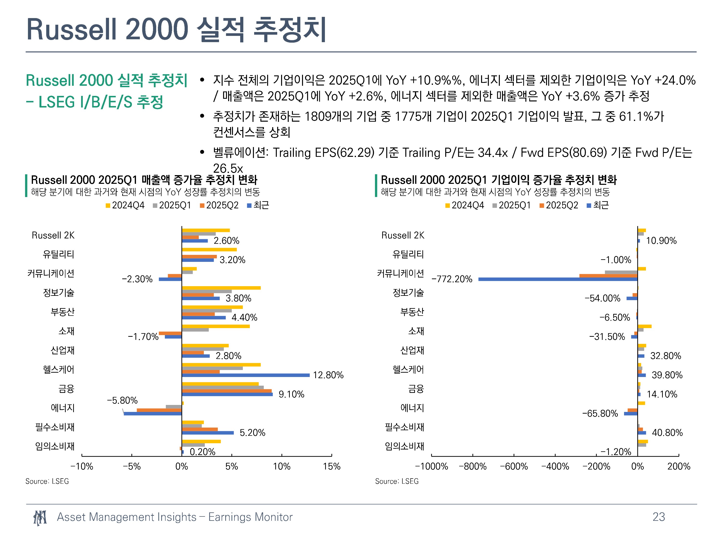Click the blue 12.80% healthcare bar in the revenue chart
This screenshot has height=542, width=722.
point(246,375)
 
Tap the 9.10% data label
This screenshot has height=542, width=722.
point(291,394)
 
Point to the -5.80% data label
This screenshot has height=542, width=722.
point(122,401)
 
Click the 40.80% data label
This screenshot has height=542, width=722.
point(667,433)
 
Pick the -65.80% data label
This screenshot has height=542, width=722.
point(600,414)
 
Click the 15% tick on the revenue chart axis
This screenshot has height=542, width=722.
point(332,467)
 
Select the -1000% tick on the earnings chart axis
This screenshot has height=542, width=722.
point(432,467)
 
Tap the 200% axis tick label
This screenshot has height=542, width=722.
point(679,467)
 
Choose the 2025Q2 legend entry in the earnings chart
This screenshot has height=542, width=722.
point(559,205)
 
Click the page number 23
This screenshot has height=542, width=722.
point(659,517)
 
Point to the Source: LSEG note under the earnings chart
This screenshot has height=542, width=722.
point(397,481)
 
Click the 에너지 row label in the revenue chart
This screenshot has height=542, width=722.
point(63,408)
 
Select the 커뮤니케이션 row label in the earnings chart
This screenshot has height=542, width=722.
point(400,273)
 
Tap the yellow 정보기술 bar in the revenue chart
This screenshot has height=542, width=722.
point(221,288)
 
